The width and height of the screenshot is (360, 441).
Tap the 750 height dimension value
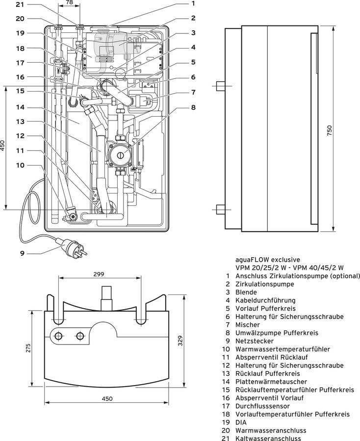click(x=329, y=130)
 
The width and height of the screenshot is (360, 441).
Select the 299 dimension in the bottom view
click(x=99, y=274)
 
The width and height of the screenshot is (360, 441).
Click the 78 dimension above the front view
click(x=69, y=2)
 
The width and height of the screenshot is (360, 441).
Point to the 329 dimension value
click(x=180, y=341)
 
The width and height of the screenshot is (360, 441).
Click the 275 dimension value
click(x=28, y=347)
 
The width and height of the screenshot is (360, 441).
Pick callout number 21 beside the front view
click(x=20, y=4)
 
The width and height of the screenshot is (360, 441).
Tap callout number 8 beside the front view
click(x=193, y=107)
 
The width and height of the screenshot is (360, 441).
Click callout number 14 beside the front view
click(x=20, y=107)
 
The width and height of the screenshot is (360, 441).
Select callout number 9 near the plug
click(x=22, y=253)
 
